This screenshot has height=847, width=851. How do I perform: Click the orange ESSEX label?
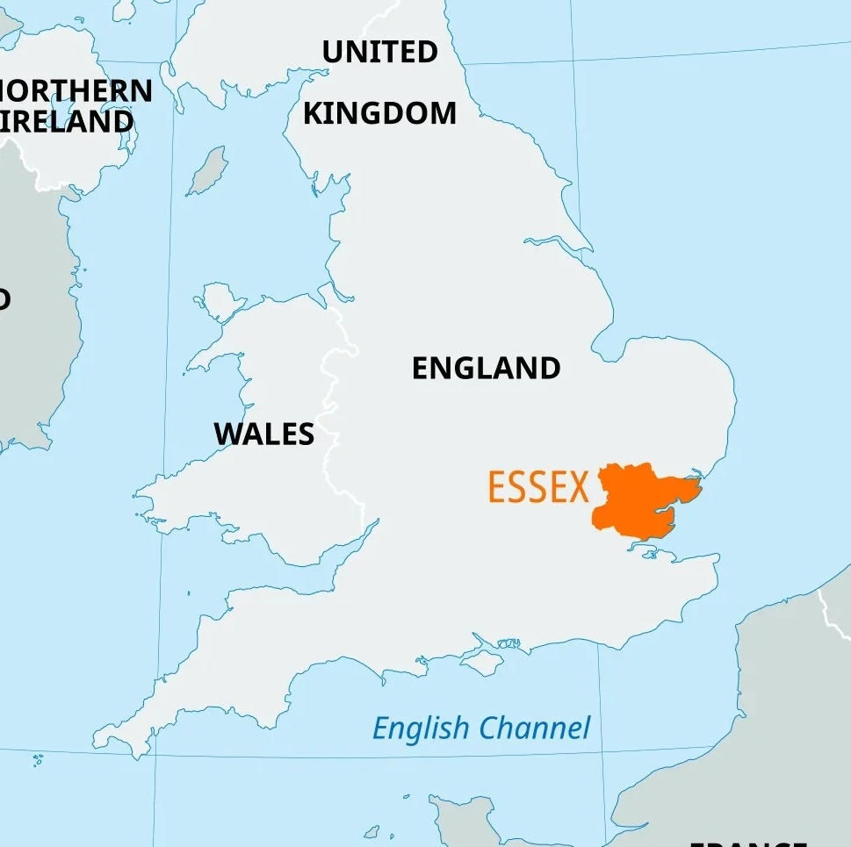click(537, 487)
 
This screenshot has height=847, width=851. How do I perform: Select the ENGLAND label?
click(486, 368)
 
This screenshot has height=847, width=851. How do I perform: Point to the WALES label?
click(263, 434)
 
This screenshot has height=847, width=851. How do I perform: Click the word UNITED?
click(379, 53)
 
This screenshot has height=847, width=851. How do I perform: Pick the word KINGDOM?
click(379, 113)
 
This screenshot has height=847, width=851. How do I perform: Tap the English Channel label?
click(481, 728)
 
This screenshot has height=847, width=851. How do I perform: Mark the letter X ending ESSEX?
click(578, 487)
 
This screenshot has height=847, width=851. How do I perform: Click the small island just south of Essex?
click(647, 549)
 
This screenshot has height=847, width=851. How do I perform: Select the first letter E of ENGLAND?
click(422, 368)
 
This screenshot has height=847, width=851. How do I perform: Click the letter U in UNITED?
click(333, 53)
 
